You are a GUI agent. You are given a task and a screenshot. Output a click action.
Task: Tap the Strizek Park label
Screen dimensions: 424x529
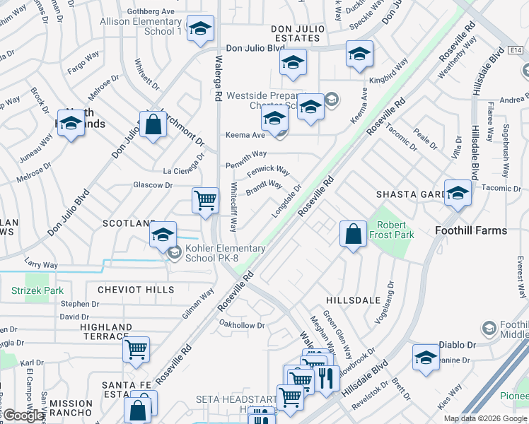(37, 290)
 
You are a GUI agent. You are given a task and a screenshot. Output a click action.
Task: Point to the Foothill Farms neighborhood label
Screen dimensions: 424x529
(471, 230)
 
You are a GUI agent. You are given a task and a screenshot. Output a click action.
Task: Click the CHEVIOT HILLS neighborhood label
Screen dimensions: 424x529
(136, 290)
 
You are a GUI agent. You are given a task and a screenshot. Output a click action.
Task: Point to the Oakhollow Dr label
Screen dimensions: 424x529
(242, 326)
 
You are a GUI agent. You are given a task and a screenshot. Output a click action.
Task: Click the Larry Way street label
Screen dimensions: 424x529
(42, 265)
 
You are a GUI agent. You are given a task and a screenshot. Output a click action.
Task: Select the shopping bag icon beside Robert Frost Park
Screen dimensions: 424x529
(353, 234)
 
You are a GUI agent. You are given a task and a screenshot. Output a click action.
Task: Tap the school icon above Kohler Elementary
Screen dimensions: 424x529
(163, 235)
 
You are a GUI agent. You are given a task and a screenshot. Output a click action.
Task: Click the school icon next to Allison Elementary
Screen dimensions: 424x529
(202, 29)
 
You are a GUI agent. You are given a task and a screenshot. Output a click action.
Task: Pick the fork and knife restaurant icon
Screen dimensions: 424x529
(325, 377)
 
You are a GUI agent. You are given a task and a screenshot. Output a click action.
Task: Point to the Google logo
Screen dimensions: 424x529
(24, 416)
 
